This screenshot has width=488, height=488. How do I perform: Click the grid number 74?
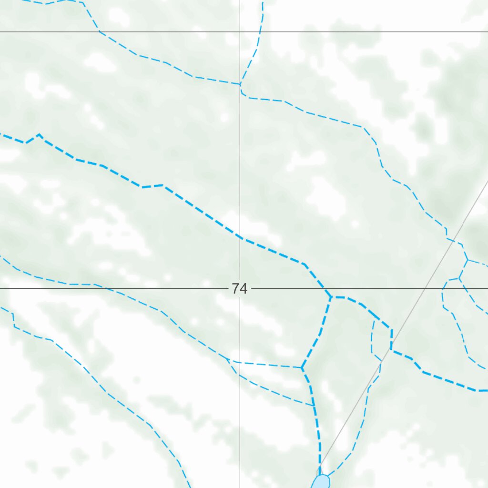click(240, 288)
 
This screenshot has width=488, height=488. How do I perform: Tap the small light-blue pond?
click(321, 482)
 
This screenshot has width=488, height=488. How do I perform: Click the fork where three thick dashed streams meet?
click(331, 297)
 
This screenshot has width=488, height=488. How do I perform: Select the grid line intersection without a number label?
click(240, 32)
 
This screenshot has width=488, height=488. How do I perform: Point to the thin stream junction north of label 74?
click(240, 84)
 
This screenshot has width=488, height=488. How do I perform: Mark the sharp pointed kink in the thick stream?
click(39, 135)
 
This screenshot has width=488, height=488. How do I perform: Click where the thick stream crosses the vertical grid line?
click(240, 237)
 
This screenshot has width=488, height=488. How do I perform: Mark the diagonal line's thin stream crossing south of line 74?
click(379, 367)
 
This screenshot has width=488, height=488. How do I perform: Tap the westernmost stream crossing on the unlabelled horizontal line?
click(99, 32)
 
